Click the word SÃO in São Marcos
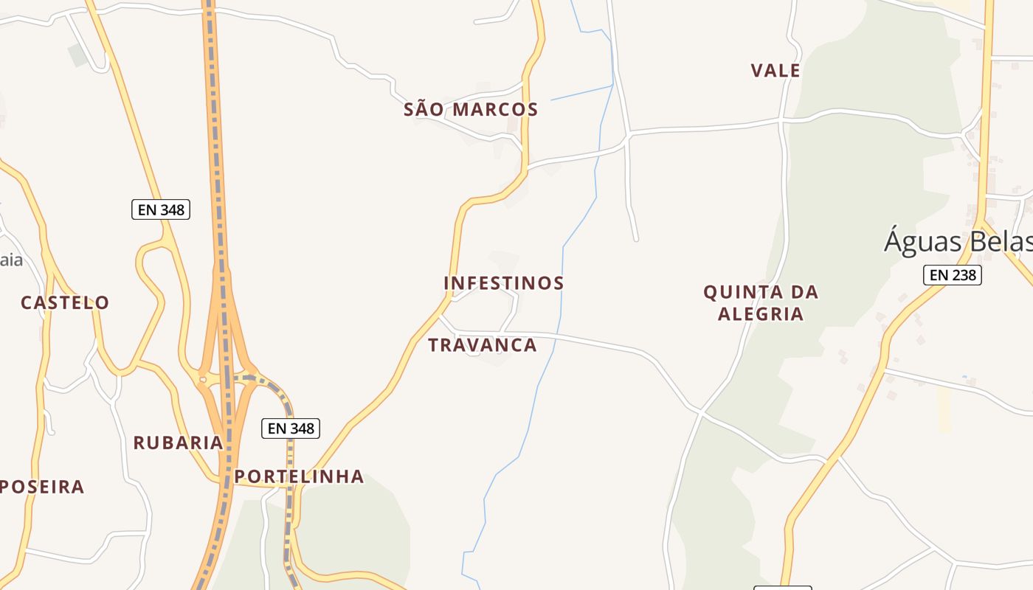click(424, 110)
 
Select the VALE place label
click(775, 71)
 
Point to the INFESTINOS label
click(504, 283)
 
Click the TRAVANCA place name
click(483, 345)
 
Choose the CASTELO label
click(65, 302)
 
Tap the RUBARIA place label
click(178, 442)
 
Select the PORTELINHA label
click(300, 476)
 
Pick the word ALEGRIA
click(761, 314)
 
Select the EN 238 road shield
click(953, 275)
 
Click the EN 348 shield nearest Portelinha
click(291, 428)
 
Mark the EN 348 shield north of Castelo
click(161, 209)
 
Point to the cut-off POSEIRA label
click(43, 487)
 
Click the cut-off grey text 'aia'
click(11, 260)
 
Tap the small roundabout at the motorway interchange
click(202, 380)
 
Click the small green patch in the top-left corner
click(77, 54)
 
